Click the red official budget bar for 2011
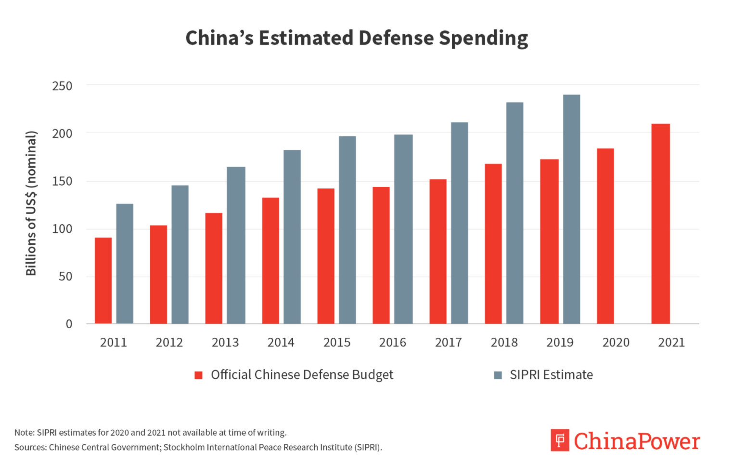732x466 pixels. pos(103,280)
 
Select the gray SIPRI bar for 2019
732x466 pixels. pos(571,209)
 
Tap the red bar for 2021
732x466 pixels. pos(660,224)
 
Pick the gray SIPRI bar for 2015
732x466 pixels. pos(347,230)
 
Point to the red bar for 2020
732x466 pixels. pos(605,236)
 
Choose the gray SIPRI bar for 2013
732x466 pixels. pos(236,245)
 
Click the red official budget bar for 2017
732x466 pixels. pos(437,252)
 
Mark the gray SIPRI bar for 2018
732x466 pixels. pos(514,213)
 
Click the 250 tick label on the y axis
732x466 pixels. pos(62,86)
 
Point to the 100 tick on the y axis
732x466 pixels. pos(62,229)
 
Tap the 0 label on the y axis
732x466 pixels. pos(69,324)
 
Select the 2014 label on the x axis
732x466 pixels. pos(281,343)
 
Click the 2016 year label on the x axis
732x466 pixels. pos(392,343)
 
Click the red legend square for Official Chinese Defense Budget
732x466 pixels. pos(198,375)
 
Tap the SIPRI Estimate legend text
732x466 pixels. pos(551,375)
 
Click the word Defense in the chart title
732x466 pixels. pos(396,38)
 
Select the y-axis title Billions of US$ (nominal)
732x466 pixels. pos(31,203)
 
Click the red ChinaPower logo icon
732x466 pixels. pos(560,440)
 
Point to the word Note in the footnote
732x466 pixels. pos(24,433)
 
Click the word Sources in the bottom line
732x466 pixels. pos(30,448)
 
